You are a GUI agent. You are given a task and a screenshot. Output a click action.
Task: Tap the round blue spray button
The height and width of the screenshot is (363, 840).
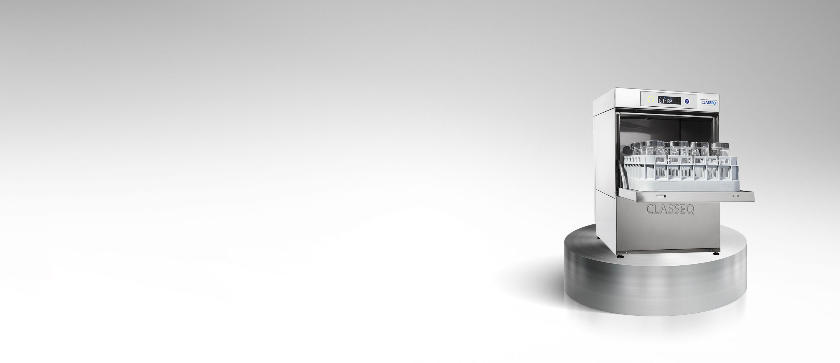687,101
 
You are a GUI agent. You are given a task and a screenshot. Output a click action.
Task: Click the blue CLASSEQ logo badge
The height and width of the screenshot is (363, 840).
709,102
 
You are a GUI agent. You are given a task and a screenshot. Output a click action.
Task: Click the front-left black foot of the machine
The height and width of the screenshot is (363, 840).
620,256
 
